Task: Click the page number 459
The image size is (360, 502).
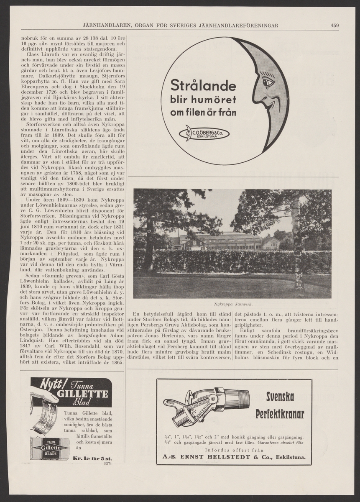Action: (334, 25)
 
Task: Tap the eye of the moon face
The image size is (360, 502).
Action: (267, 82)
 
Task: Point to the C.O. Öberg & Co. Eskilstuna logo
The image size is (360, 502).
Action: (204, 133)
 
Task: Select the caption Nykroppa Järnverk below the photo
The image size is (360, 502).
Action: (232, 305)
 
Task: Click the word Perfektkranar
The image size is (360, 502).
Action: (280, 414)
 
